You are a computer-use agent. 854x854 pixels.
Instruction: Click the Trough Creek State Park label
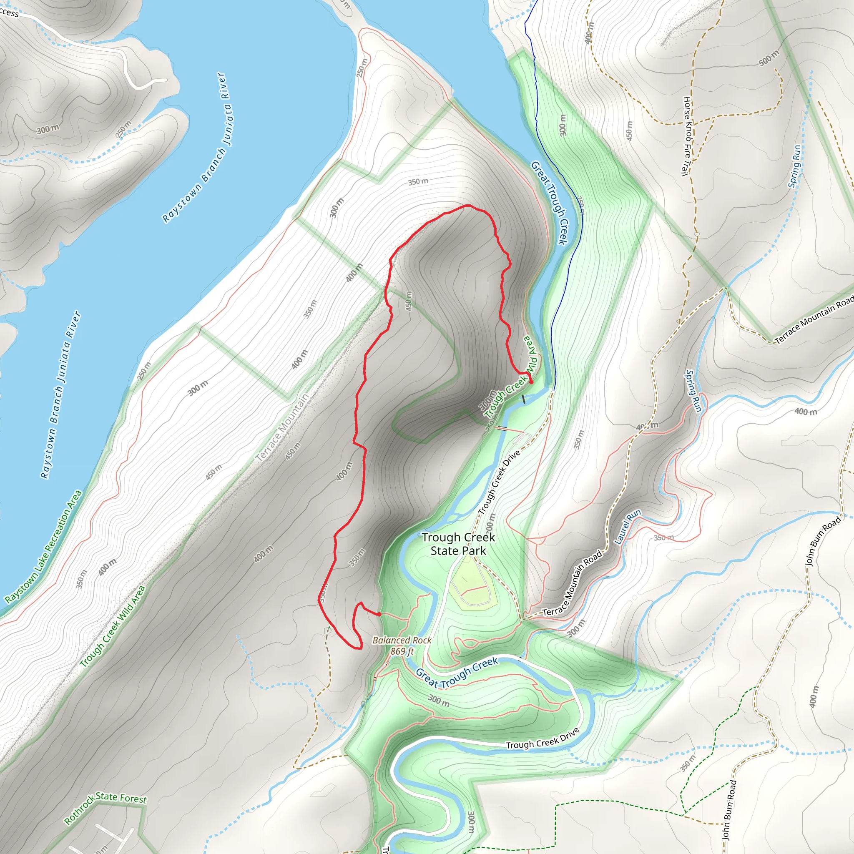click(x=458, y=544)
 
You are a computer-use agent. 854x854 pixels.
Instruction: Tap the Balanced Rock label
click(x=402, y=640)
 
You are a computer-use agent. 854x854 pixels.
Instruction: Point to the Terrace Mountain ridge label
click(x=282, y=428)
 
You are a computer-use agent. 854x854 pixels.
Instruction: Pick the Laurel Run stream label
click(x=628, y=527)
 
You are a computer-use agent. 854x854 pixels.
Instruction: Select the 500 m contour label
click(x=768, y=58)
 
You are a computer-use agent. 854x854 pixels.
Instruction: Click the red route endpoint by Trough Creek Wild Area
click(x=531, y=382)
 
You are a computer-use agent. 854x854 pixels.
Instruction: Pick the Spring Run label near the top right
click(x=794, y=166)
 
